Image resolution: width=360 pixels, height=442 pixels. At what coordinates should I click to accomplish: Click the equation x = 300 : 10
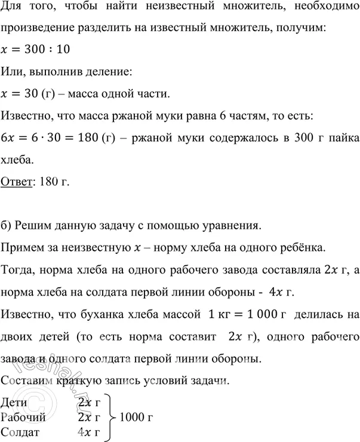(x=36, y=52)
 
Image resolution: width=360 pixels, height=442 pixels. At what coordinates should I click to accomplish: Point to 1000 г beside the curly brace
(x=137, y=416)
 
